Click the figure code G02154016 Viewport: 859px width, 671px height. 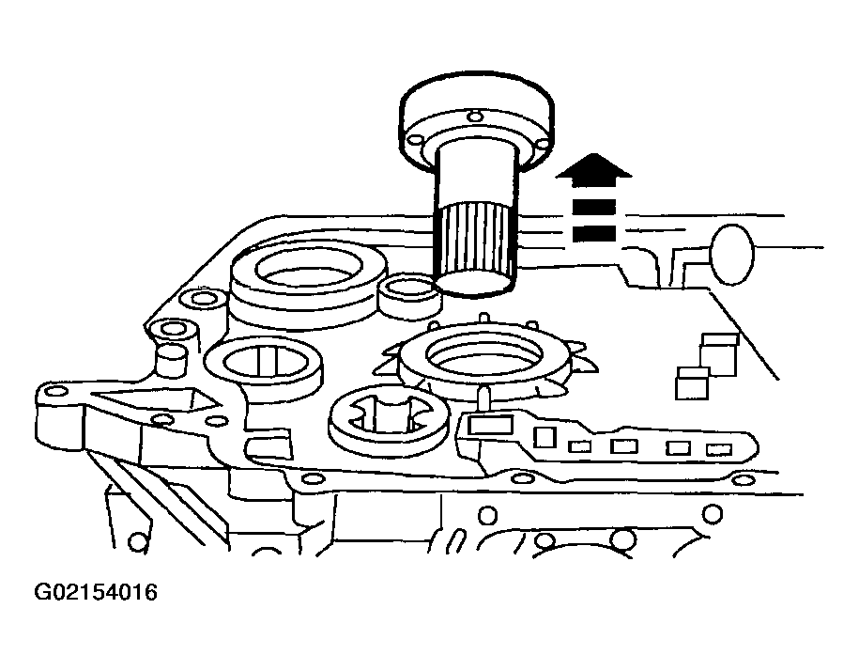(x=96, y=593)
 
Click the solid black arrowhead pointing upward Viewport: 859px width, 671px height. (x=594, y=166)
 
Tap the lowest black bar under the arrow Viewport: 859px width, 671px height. (x=594, y=233)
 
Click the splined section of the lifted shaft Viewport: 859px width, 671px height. (x=476, y=240)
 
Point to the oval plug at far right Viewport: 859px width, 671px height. (x=731, y=255)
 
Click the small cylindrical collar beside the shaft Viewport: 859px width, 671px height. (x=411, y=297)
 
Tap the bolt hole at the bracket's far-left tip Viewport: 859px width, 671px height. (x=54, y=392)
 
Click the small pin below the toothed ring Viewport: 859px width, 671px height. (x=484, y=398)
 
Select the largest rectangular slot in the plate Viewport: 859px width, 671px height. (x=490, y=426)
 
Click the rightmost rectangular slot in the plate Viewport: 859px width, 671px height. (x=719, y=450)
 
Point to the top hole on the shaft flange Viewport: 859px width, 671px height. (x=475, y=116)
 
